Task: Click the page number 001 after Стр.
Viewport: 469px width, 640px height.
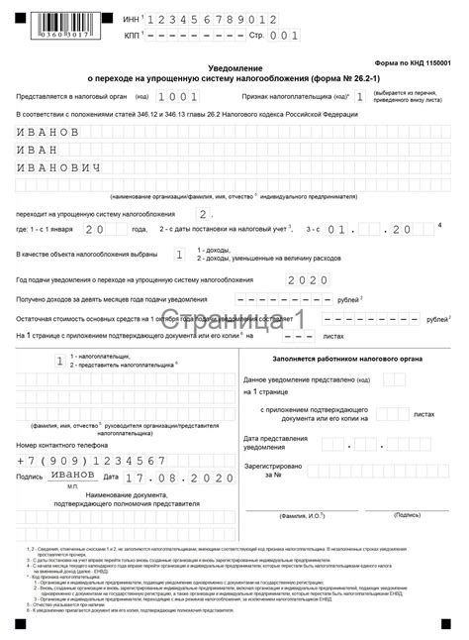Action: point(284,35)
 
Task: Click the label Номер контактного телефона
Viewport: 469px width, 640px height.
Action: point(62,446)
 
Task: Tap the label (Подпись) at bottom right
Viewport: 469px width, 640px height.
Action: point(407,515)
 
